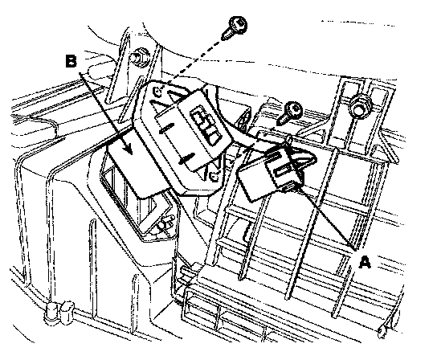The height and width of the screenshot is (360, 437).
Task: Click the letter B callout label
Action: [x=71, y=61]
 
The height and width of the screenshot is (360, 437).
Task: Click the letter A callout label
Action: [x=365, y=263]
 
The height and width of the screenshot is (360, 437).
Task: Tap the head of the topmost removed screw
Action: [x=238, y=24]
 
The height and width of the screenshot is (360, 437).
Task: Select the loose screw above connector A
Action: [x=290, y=112]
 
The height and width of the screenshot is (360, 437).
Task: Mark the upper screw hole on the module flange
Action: [x=157, y=92]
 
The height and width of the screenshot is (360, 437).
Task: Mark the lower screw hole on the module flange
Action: [x=214, y=176]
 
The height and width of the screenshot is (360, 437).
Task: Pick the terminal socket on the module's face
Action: [x=206, y=126]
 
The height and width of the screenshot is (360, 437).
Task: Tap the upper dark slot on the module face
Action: [x=165, y=127]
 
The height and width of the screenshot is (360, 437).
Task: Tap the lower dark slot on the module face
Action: [x=186, y=158]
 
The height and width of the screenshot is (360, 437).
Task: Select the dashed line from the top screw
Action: [x=195, y=61]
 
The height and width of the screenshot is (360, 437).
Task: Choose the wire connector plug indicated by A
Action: [x=271, y=174]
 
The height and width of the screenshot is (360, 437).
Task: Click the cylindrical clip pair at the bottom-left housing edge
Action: [x=59, y=312]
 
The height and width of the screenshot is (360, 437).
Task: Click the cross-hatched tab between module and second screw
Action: [x=244, y=121]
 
